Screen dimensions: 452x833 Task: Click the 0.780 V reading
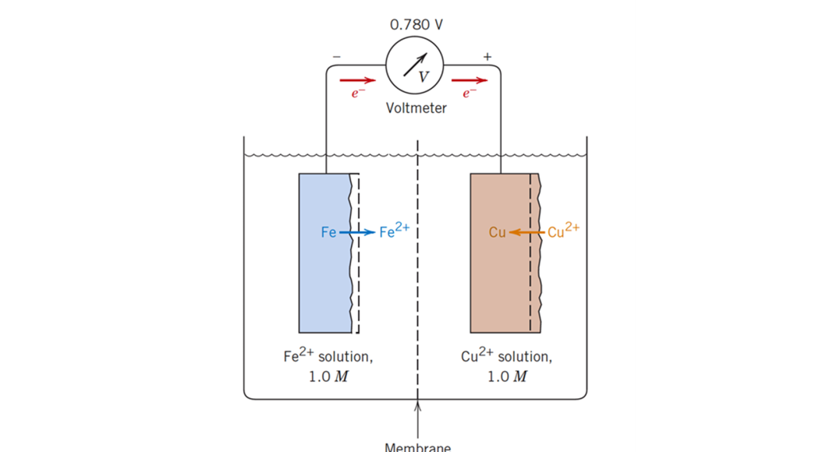tap(416, 24)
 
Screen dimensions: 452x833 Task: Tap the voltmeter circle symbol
tap(415, 65)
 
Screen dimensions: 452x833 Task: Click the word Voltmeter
tap(416, 108)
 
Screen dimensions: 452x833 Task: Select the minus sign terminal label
tap(336, 57)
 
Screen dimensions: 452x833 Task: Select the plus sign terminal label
tap(487, 57)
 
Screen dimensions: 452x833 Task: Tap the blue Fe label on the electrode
tap(328, 232)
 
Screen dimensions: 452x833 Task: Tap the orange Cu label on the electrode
tap(498, 232)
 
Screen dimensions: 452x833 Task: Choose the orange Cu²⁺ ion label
tap(563, 231)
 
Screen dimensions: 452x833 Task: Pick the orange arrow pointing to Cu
tap(527, 232)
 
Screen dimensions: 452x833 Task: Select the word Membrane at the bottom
tap(417, 447)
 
